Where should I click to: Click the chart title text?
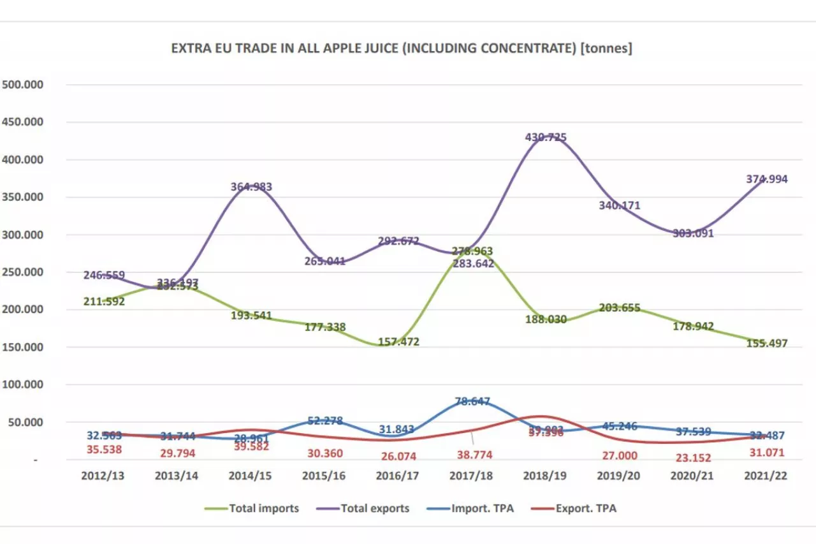point(401,49)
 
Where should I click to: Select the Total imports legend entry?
point(263,508)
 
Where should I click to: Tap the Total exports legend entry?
point(374,508)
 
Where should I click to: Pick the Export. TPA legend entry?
point(586,508)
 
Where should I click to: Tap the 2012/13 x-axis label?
point(103,476)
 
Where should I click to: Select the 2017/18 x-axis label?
point(471,476)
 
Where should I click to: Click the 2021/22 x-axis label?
point(766,476)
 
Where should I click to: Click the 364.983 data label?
point(251,187)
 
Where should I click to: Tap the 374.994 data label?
point(766,179)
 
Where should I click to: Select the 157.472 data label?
point(398,342)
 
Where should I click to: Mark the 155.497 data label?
point(766,343)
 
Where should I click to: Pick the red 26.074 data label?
point(398,455)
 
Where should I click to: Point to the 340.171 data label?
point(619,205)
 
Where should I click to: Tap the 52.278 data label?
point(324,421)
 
